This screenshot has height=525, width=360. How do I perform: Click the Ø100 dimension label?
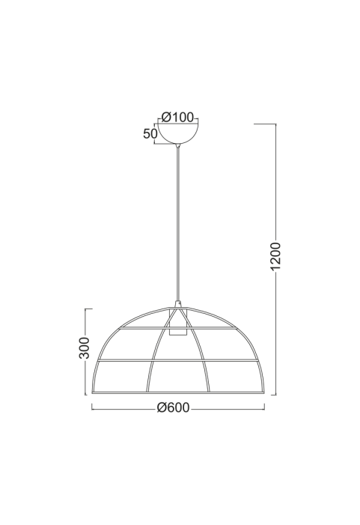point(177,117)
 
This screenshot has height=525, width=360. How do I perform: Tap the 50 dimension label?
point(150,134)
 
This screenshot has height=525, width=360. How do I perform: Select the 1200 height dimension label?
point(276,256)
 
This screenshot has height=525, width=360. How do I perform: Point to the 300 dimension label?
point(85,348)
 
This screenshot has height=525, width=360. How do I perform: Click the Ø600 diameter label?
point(174,407)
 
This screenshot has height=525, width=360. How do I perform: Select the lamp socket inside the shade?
point(177,322)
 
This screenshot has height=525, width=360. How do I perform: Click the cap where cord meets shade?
point(178,304)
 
